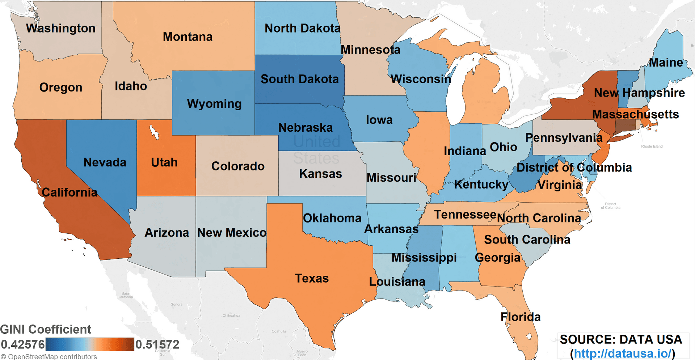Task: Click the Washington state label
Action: [60, 28]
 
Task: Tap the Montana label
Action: [188, 37]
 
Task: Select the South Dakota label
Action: [299, 79]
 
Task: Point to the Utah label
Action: [164, 162]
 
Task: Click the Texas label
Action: [312, 278]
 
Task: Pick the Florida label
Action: [520, 317]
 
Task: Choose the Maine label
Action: [666, 62]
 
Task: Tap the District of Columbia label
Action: [574, 168]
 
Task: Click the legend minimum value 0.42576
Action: [22, 344]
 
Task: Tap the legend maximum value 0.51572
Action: [157, 344]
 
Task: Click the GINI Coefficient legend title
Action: [46, 329]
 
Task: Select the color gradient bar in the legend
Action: [90, 344]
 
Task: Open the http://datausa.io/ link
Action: [623, 353]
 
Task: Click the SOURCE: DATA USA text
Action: [621, 339]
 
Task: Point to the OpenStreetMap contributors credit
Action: [49, 357]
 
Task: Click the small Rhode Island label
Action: [652, 147]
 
